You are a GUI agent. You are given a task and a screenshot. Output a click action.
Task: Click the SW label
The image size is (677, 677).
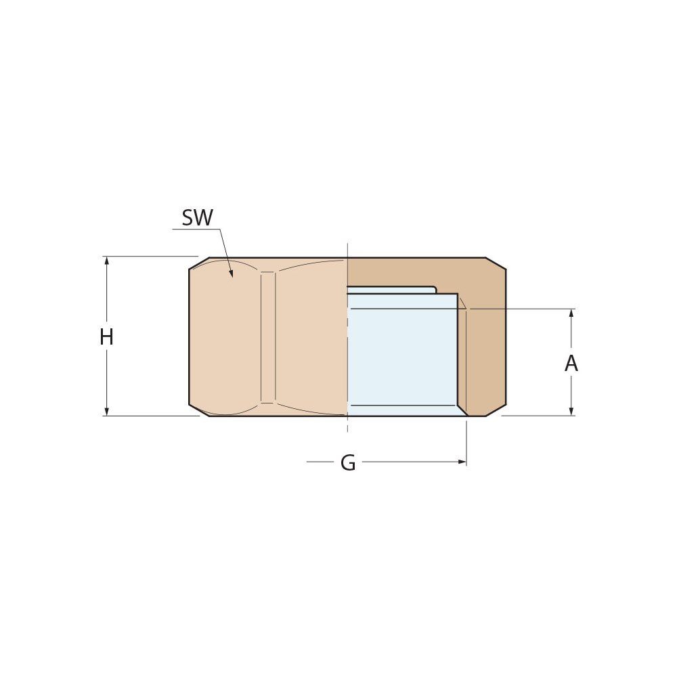197,218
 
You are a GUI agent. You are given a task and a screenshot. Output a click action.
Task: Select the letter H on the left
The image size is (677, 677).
106,337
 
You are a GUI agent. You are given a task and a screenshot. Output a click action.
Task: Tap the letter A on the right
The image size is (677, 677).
571,364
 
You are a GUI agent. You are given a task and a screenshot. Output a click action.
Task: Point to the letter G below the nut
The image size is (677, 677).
348,463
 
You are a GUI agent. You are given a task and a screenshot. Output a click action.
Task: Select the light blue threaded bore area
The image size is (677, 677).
402,355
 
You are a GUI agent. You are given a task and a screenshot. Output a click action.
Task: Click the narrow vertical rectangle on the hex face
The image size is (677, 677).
268,337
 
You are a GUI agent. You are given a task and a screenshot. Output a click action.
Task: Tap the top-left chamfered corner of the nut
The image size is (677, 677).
199,263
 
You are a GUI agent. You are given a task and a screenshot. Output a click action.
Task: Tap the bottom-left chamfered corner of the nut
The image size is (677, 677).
199,410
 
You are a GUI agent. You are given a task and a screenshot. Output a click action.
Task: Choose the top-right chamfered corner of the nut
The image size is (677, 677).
496,263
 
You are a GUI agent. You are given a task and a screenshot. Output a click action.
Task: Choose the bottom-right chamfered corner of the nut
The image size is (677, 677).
496,410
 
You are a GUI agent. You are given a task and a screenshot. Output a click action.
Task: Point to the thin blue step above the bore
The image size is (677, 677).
391,290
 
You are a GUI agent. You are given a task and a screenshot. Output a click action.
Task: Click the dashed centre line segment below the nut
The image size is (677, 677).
347,424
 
